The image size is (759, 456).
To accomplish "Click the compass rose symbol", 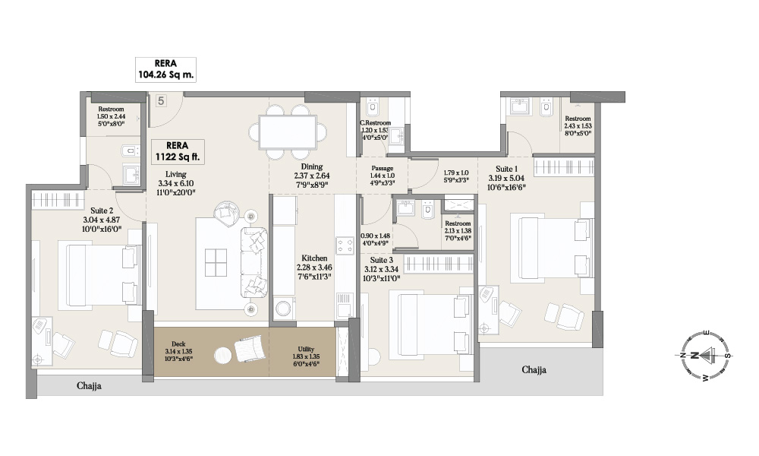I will pos(705,355).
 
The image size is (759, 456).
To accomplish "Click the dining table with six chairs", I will pos(288,131).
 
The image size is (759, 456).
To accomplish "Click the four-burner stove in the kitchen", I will pos(345,246).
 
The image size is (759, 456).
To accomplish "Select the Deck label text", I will pos(178,343).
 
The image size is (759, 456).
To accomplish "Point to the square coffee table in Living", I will pos(216,263).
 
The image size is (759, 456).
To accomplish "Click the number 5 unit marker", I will pos(161,100).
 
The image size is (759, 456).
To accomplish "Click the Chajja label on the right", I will pos(534,370).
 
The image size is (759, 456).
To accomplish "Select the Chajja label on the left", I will pos(90,386).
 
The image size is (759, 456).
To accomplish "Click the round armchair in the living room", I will pos(225,212).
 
